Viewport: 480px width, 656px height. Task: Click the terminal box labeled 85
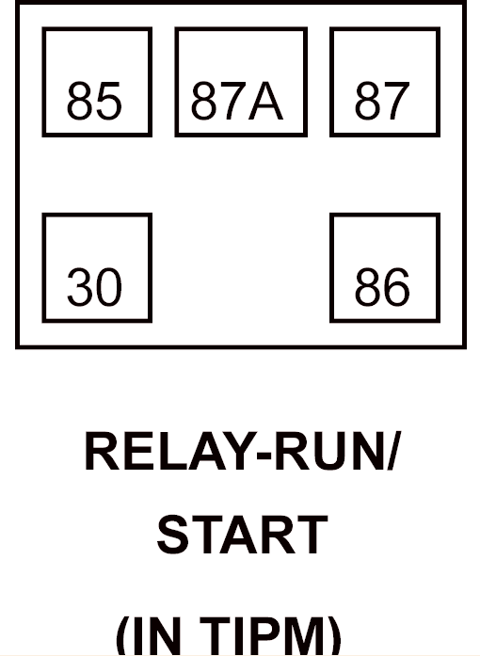[97, 82]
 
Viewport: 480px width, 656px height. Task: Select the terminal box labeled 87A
[241, 82]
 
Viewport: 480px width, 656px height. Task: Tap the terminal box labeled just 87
[385, 82]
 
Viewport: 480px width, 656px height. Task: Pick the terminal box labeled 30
[97, 267]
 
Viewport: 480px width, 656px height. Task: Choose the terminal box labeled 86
[385, 267]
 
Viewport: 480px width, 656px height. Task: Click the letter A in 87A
[265, 101]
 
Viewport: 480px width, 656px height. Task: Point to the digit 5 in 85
[109, 101]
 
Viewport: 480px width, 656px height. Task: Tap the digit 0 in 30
[109, 287]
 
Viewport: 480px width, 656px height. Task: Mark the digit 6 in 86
[397, 287]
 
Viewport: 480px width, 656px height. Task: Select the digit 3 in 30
[80, 287]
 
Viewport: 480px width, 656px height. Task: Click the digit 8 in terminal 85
[80, 101]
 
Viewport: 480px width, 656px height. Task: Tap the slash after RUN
[393, 451]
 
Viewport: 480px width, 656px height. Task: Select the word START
[242, 535]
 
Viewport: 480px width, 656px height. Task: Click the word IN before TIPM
[157, 636]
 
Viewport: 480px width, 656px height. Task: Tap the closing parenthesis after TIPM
[334, 636]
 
